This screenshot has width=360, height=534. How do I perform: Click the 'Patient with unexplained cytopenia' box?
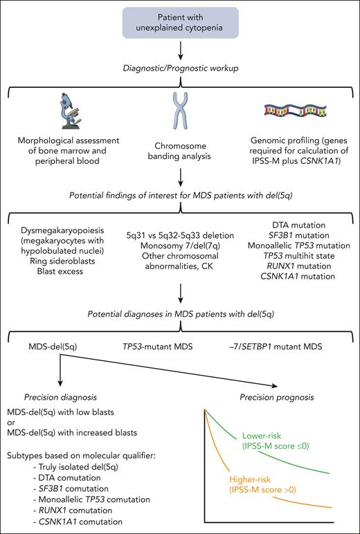click(179, 20)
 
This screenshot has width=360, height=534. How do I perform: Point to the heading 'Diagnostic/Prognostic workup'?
click(180, 68)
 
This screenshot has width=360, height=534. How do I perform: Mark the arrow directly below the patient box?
click(180, 50)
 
